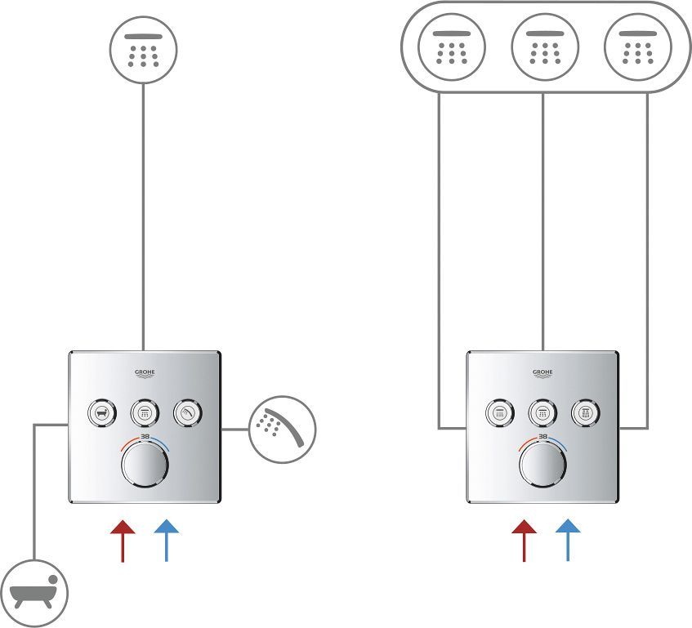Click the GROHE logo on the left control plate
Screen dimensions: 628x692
tap(145, 373)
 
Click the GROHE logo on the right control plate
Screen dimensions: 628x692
tap(542, 373)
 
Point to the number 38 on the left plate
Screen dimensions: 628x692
tap(145, 438)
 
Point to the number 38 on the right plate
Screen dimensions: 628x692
tap(542, 438)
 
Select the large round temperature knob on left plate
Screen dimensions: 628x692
tap(145, 466)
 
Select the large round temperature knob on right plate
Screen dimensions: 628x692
tap(542, 466)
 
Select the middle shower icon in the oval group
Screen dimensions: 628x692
tap(543, 48)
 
